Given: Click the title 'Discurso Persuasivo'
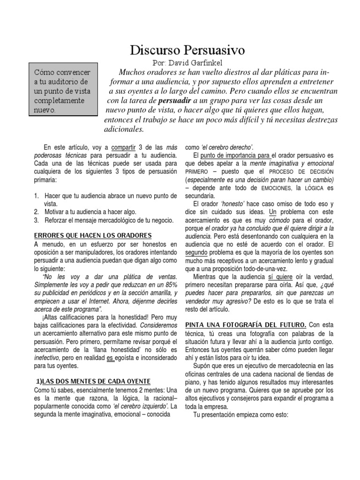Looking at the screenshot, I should (187, 50).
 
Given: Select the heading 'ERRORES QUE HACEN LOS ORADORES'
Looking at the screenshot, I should (93, 235).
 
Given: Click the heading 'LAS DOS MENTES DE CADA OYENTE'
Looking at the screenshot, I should (94, 382).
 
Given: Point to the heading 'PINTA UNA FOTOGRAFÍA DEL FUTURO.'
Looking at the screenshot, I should (246, 324).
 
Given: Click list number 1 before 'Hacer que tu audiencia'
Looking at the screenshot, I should (37, 196).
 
